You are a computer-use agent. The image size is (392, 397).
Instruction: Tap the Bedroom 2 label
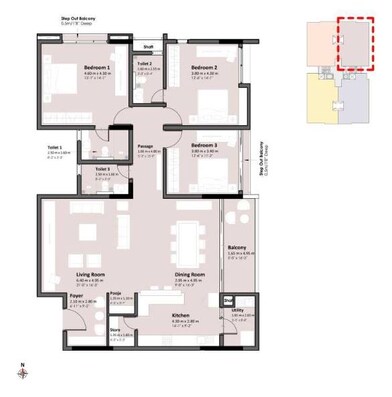click(204, 68)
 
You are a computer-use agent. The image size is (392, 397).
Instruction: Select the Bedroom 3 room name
click(204, 145)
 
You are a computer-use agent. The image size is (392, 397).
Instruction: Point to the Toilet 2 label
click(144, 63)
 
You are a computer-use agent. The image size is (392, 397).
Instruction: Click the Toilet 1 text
click(54, 147)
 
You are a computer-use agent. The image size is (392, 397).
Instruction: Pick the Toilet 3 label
click(102, 169)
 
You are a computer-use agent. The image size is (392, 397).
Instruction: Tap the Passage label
click(144, 146)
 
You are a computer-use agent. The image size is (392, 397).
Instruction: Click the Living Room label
click(91, 274)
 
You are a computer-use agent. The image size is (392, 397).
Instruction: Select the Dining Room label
click(190, 274)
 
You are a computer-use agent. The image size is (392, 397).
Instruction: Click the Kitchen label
click(180, 315)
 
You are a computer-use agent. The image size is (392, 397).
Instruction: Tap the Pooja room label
click(115, 293)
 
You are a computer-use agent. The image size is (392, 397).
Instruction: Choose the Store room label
click(115, 328)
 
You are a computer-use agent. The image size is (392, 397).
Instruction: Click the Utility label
click(236, 310)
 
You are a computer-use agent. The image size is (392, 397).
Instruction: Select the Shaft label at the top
click(148, 46)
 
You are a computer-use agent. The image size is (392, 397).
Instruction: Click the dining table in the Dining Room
click(187, 238)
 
